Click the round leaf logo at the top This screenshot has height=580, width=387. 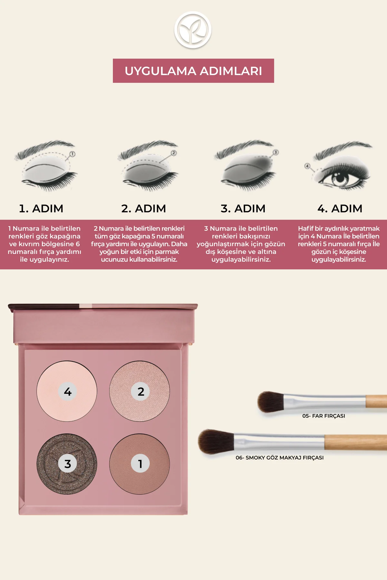pyautogui.click(x=193, y=30)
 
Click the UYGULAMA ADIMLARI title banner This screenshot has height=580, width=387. pyautogui.click(x=193, y=71)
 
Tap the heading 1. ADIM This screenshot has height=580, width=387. pyautogui.click(x=41, y=208)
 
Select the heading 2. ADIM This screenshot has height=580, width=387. pyautogui.click(x=144, y=208)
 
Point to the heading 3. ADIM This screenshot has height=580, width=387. pyautogui.click(x=243, y=208)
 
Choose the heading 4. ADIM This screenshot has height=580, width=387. pyautogui.click(x=340, y=208)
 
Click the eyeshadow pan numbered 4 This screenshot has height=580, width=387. pyautogui.click(x=67, y=391)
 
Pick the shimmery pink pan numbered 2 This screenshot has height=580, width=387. pyautogui.click(x=140, y=391)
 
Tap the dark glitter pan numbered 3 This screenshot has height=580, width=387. pyautogui.click(x=67, y=464)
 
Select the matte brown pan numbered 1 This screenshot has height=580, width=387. pyautogui.click(x=140, y=464)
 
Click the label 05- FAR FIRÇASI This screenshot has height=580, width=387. pyautogui.click(x=323, y=416)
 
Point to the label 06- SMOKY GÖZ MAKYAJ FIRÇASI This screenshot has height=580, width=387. pyautogui.click(x=280, y=458)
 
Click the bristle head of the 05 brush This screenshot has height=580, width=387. pyautogui.click(x=270, y=402)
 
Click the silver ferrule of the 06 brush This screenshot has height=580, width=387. pyautogui.click(x=279, y=442)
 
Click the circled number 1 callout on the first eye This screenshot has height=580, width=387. pyautogui.click(x=72, y=154)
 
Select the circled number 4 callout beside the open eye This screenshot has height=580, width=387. pyautogui.click(x=307, y=166)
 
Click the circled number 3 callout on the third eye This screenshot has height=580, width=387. pyautogui.click(x=275, y=152)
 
